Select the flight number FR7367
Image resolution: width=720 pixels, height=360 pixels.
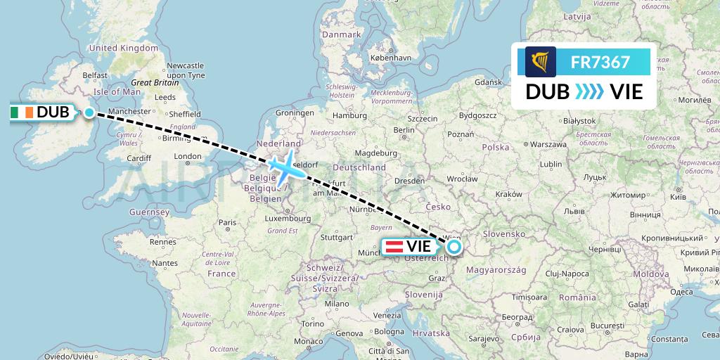pos(600,62)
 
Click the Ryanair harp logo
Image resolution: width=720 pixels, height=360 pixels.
pos(541,62)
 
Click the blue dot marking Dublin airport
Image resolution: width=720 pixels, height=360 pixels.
pos(89,112)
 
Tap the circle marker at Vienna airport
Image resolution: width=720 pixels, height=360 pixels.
pos(454,247)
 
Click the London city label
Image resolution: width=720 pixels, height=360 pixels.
pos(188,157)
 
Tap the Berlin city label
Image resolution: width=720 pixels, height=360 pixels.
pos(404,130)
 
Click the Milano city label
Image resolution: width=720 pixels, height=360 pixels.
pos(336,304)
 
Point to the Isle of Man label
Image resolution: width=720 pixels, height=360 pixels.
pos(117,91)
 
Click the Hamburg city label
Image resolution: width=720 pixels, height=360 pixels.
pos(350,115)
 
